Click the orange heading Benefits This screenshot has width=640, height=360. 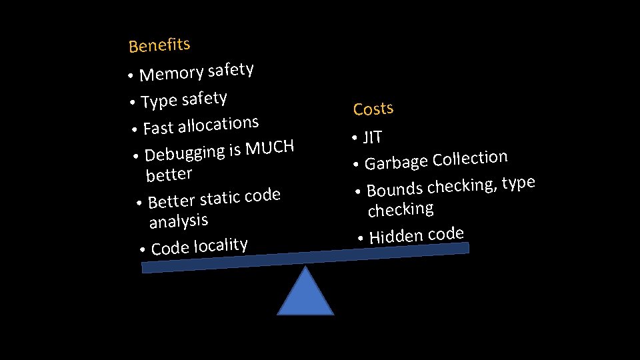(x=159, y=45)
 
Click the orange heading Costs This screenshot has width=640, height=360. (x=373, y=108)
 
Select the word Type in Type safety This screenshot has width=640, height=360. (x=159, y=101)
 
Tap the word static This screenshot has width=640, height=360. (x=220, y=197)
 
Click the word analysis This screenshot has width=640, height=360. (x=179, y=220)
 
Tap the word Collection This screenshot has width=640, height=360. (x=470, y=158)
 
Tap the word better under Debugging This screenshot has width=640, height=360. (x=169, y=175)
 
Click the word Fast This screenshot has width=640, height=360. (x=157, y=127)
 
